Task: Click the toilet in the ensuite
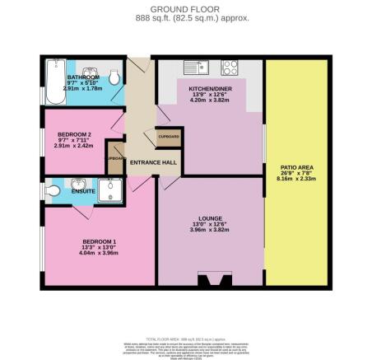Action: tap(53, 192)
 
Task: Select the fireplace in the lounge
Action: tap(216, 281)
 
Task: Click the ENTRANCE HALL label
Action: tap(154, 162)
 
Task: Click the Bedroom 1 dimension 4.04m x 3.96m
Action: tap(96, 253)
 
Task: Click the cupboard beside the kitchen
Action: tap(168, 137)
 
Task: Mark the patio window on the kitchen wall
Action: tap(263, 144)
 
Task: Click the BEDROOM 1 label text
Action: tap(96, 241)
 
